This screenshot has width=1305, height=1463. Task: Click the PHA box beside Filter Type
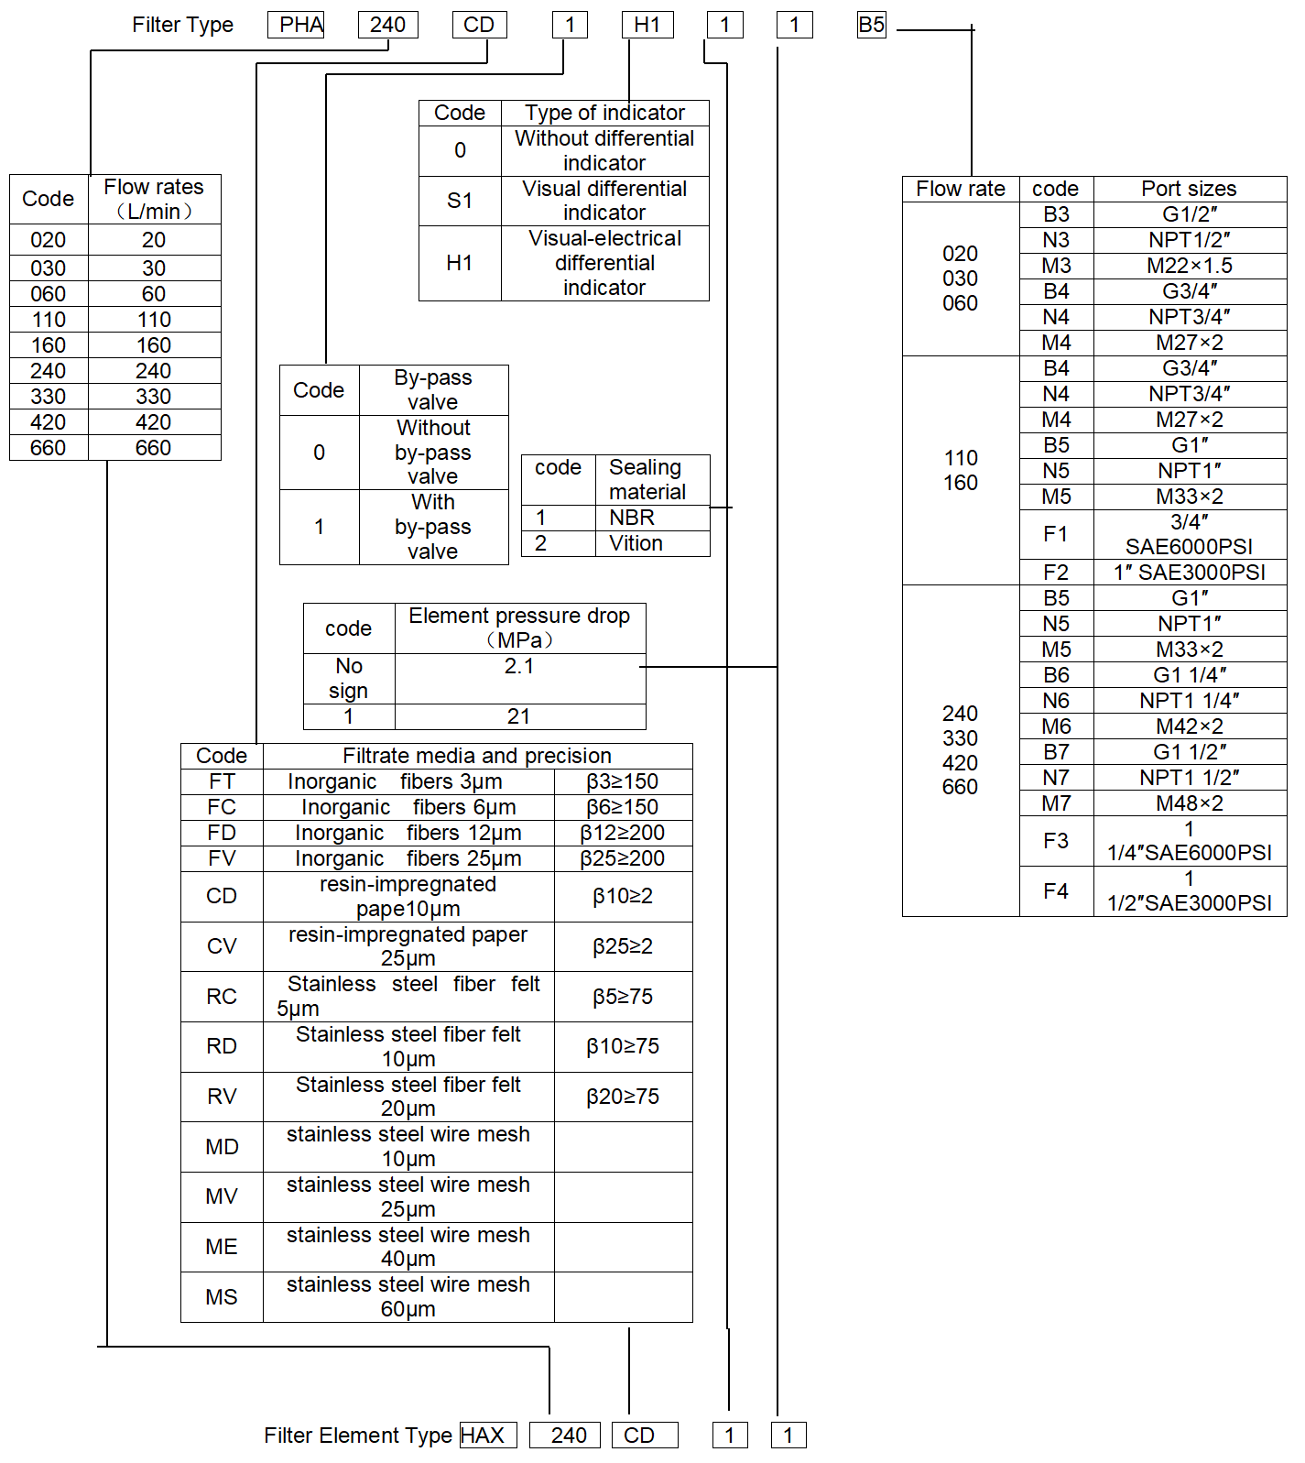pyautogui.click(x=296, y=25)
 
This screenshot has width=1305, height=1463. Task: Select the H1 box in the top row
pyautogui.click(x=647, y=25)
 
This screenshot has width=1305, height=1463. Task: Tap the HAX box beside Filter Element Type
pyautogui.click(x=488, y=1435)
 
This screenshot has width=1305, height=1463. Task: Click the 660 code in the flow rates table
pyautogui.click(x=49, y=448)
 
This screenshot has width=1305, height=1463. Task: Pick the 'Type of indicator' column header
pyautogui.click(x=604, y=113)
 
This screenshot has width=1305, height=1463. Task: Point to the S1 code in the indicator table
pyautogui.click(x=460, y=201)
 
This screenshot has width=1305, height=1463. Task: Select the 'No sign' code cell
pyautogui.click(x=349, y=678)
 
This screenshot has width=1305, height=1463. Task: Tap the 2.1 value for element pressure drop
pyautogui.click(x=519, y=666)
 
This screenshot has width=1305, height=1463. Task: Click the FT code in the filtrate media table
pyautogui.click(x=222, y=781)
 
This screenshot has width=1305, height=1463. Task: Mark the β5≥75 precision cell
pyautogui.click(x=623, y=997)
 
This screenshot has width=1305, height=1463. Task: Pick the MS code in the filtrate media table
pyautogui.click(x=222, y=1297)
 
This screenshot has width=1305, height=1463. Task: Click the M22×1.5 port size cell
pyautogui.click(x=1190, y=266)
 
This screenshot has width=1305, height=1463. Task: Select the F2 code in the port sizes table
pyautogui.click(x=1056, y=573)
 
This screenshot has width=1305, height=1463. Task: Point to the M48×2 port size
pyautogui.click(x=1190, y=803)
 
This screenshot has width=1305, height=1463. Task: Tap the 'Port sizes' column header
pyautogui.click(x=1189, y=189)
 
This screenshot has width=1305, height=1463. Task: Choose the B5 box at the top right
pyautogui.click(x=872, y=25)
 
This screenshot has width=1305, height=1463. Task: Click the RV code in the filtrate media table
pyautogui.click(x=222, y=1097)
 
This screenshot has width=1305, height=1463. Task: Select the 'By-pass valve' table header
pyautogui.click(x=433, y=389)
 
